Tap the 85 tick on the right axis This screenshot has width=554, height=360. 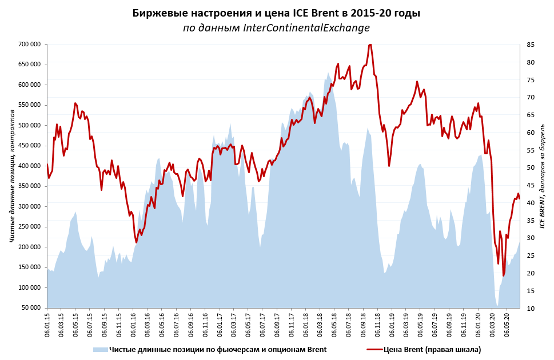[x=531, y=45]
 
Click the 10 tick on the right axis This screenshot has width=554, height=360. [x=531, y=309]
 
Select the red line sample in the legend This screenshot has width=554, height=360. [x=373, y=349]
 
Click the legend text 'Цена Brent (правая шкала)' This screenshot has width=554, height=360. [x=432, y=349]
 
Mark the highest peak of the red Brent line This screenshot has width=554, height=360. [x=370, y=45]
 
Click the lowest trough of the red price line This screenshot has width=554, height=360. [x=504, y=275]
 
